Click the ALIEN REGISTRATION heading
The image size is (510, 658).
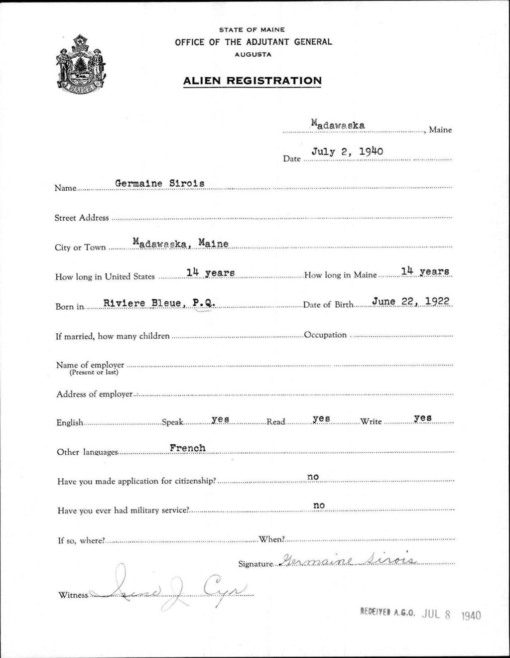pyautogui.click(x=252, y=81)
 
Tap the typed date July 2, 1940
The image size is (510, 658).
pyautogui.click(x=347, y=151)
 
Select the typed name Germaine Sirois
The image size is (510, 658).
pyautogui.click(x=160, y=183)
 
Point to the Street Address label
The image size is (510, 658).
pyautogui.click(x=81, y=218)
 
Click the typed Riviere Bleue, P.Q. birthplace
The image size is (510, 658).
pyautogui.click(x=159, y=302)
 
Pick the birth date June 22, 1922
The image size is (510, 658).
pyautogui.click(x=411, y=301)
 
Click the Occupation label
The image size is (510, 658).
pyautogui.click(x=325, y=335)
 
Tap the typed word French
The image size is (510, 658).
pyautogui.click(x=187, y=448)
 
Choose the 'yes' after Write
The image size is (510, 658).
pyautogui.click(x=422, y=418)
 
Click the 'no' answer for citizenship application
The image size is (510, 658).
pyautogui.click(x=313, y=477)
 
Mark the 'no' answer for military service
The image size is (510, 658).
pyautogui.click(x=319, y=506)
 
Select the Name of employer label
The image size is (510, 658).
pyautogui.click(x=90, y=365)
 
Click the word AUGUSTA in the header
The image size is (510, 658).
pyautogui.click(x=253, y=54)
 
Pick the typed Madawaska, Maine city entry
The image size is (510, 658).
pyautogui.click(x=180, y=244)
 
